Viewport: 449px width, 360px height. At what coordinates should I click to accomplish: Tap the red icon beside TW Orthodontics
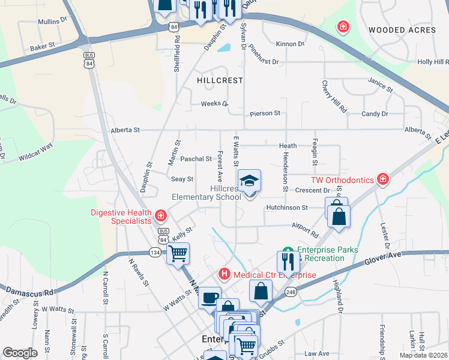tap(382, 179)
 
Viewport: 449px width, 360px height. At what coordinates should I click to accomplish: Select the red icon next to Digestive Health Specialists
tap(160, 215)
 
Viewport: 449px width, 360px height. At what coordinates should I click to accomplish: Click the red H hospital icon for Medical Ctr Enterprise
tap(224, 274)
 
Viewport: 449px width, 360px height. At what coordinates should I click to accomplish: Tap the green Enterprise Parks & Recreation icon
tap(288, 250)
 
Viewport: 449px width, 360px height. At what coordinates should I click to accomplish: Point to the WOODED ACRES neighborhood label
tap(402, 30)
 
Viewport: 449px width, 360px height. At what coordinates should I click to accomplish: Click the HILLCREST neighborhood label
tap(220, 80)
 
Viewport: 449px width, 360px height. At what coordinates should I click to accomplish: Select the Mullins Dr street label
tap(52, 20)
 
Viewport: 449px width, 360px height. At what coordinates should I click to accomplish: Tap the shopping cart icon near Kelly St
tap(178, 253)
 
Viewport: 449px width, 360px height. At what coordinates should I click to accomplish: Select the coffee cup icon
tap(210, 298)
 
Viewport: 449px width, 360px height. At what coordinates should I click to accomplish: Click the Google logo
tap(20, 352)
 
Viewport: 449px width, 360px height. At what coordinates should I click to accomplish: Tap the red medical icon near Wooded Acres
tap(343, 27)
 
